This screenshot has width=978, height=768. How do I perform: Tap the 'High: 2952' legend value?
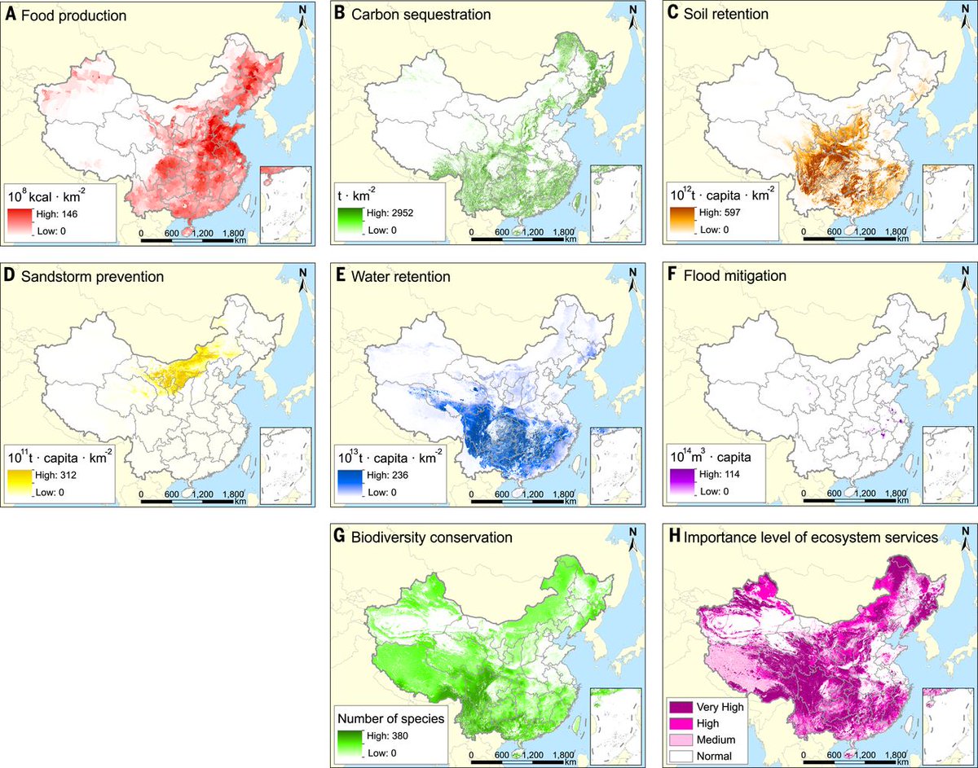pyautogui.click(x=386, y=213)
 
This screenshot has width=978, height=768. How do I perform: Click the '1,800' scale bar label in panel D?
pyautogui.click(x=231, y=493)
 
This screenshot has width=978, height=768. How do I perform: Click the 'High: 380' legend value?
pyautogui.click(x=384, y=735)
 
